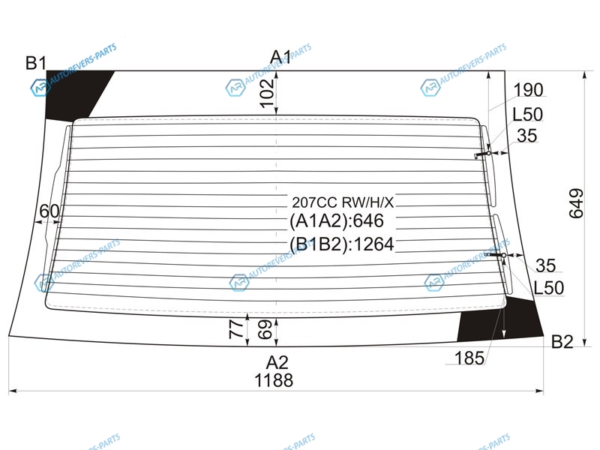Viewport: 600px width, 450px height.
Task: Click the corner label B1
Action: click(36, 63)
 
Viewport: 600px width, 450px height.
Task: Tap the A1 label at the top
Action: click(280, 58)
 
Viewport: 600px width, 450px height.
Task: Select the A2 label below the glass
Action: click(277, 362)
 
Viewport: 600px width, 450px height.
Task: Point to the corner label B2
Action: click(562, 341)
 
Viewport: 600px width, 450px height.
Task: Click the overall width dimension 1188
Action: click(274, 380)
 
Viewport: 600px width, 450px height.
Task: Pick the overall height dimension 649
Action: click(576, 203)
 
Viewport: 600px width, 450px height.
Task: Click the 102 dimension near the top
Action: click(267, 93)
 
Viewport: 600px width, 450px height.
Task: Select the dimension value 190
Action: click(528, 90)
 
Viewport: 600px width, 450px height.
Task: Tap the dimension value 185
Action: click(469, 358)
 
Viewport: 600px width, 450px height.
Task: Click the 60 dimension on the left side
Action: click(49, 211)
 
